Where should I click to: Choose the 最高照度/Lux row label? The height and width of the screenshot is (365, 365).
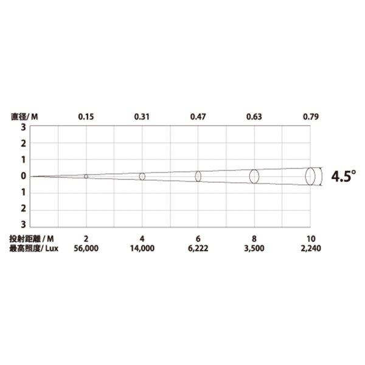[x=32, y=248]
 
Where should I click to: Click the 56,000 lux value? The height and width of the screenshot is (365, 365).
[x=86, y=248]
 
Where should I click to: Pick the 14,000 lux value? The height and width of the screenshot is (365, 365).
[x=142, y=248]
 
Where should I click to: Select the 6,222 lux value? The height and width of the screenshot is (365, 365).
[x=198, y=248]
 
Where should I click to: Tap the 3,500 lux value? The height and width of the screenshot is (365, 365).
[x=254, y=248]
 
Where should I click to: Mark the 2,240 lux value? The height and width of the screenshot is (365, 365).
[x=310, y=248]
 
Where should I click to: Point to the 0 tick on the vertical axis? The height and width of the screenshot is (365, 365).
[x=23, y=176]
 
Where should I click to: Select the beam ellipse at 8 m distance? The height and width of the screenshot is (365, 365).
[x=254, y=176]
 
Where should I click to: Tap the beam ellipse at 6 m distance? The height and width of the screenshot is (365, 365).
[x=198, y=176]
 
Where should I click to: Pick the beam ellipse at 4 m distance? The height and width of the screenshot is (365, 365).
[x=142, y=176]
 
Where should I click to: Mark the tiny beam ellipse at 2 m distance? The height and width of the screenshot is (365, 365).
[x=86, y=176]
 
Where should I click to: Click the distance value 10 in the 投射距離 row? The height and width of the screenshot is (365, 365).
[x=310, y=238]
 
